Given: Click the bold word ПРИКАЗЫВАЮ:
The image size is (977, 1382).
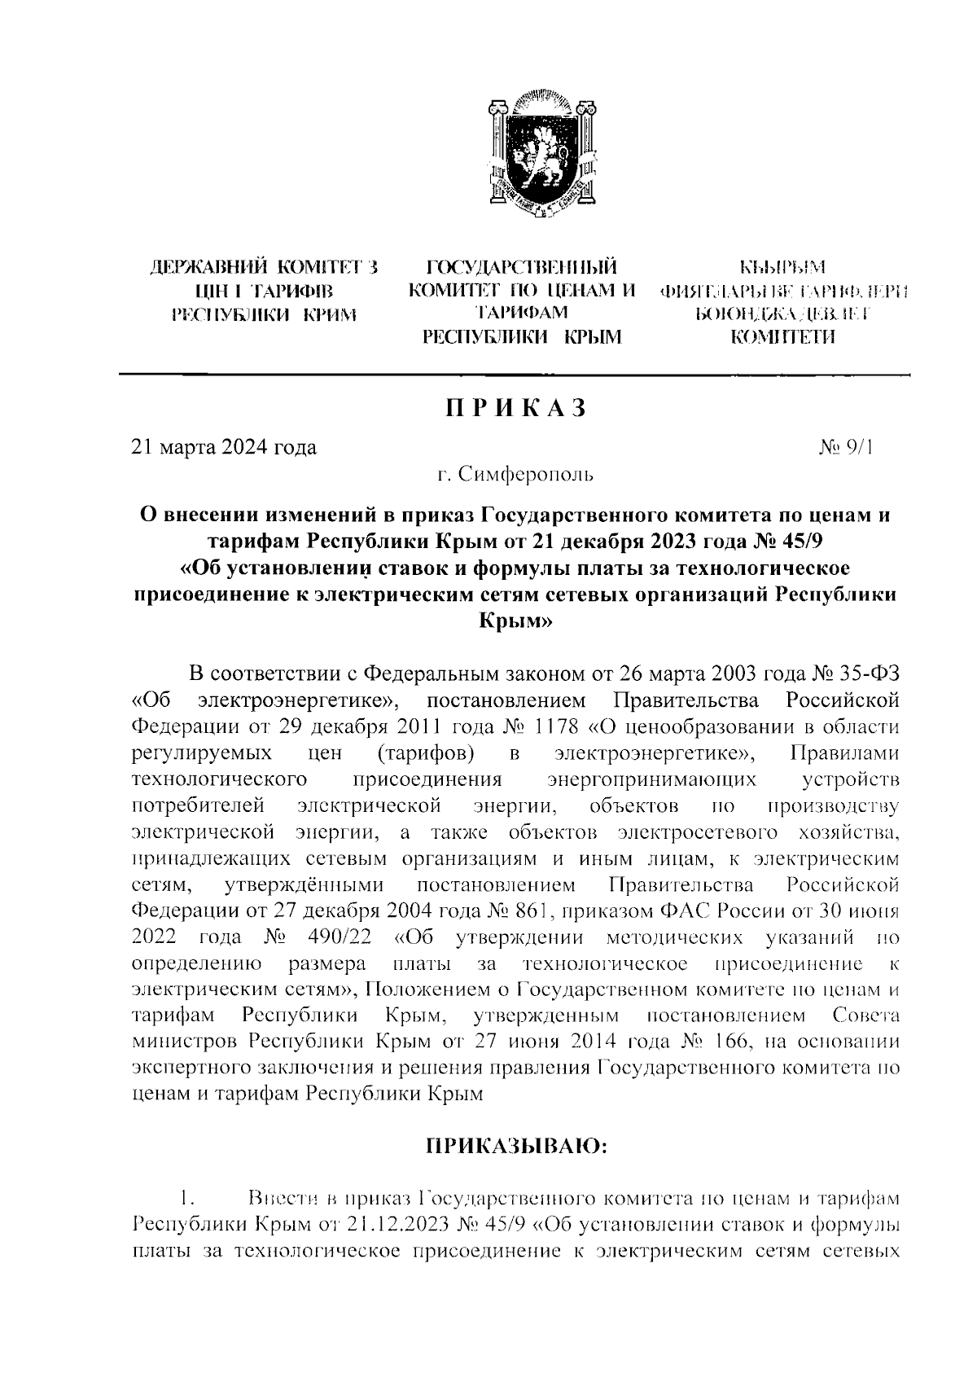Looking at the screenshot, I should [515, 1147].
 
